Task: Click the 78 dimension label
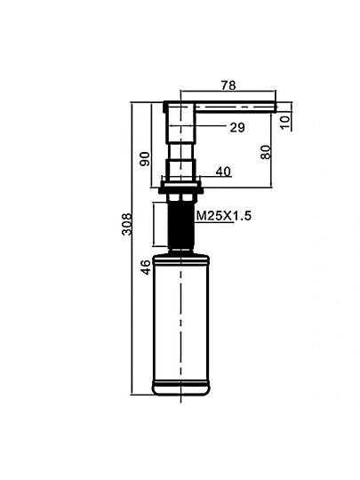(228, 85)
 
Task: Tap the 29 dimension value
(237, 127)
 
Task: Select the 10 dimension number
(284, 122)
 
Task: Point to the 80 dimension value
(266, 152)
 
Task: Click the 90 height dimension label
(145, 158)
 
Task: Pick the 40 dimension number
(223, 172)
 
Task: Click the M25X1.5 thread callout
(223, 216)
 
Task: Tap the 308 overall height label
(127, 224)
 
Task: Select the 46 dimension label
(147, 267)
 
